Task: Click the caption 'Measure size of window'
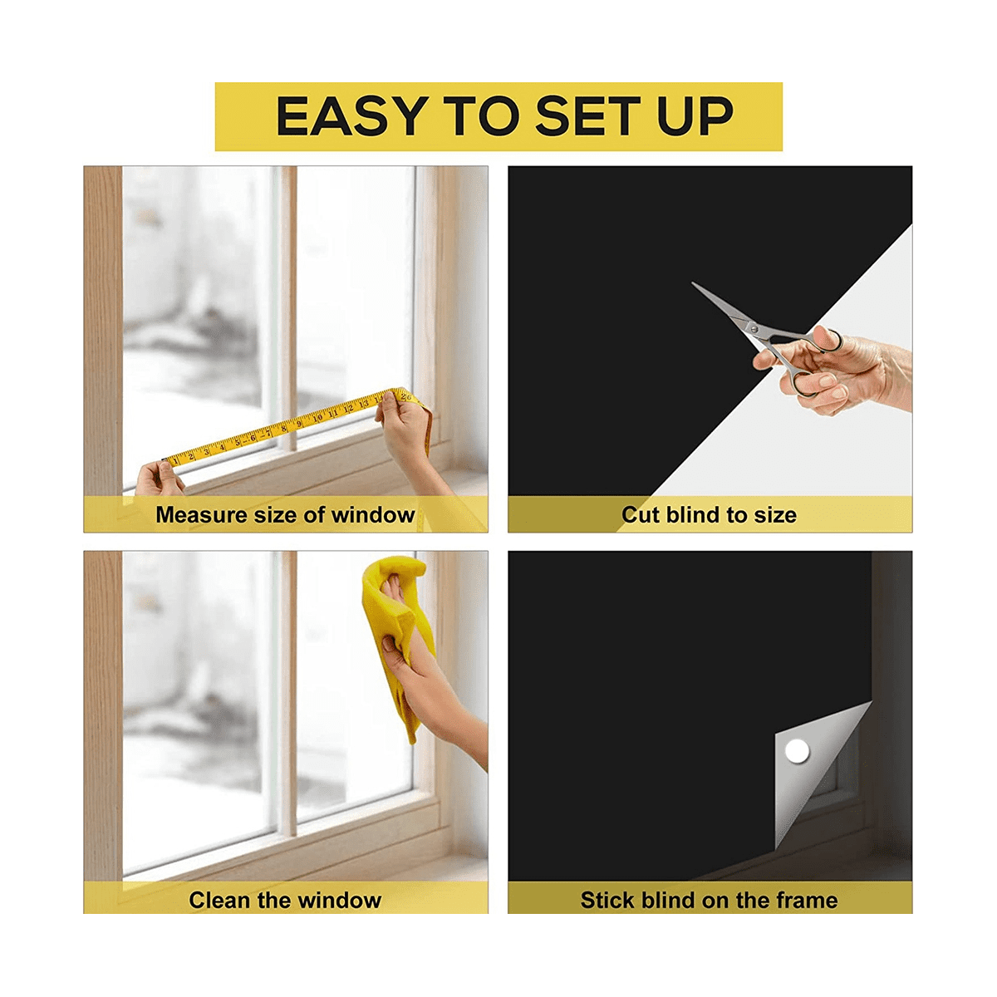[285, 515]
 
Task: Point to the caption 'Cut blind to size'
[709, 515]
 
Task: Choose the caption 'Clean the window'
[285, 900]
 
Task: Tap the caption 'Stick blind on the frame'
[709, 900]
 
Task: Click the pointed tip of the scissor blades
[695, 285]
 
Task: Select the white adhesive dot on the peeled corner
[798, 752]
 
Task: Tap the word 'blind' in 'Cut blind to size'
[695, 515]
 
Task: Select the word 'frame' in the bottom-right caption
[807, 900]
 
